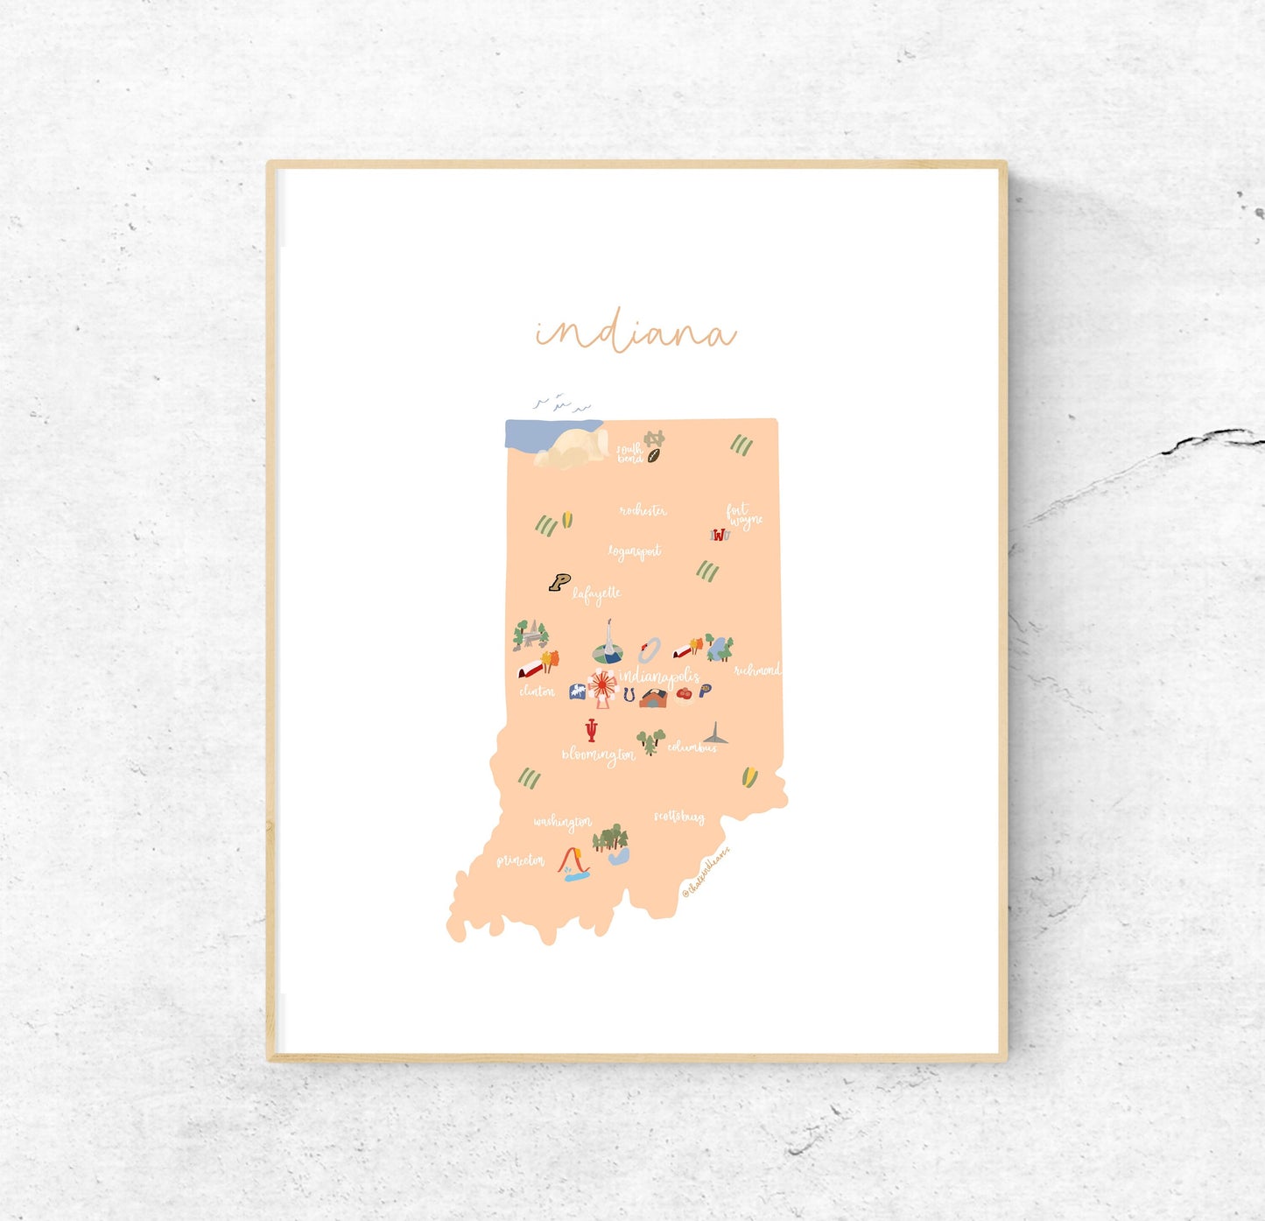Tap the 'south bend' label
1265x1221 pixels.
click(x=629, y=453)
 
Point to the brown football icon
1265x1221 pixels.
click(x=653, y=455)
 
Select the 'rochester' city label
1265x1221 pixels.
click(x=643, y=510)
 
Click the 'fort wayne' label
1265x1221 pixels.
click(x=743, y=516)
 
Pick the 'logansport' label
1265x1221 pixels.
click(x=635, y=551)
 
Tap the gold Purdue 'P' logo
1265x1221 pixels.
click(x=559, y=582)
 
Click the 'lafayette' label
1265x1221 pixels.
click(x=597, y=594)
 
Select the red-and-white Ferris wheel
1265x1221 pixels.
click(x=602, y=686)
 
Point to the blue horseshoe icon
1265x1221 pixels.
click(x=629, y=694)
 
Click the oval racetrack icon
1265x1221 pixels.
click(x=649, y=650)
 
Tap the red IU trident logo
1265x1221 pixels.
click(x=592, y=730)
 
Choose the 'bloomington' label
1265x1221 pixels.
click(x=599, y=755)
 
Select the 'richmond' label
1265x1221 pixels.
click(x=756, y=670)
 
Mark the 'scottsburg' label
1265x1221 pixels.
click(x=679, y=817)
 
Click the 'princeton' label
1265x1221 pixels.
click(x=520, y=861)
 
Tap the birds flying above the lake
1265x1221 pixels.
click(x=561, y=403)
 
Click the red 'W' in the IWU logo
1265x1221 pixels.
click(x=720, y=535)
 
